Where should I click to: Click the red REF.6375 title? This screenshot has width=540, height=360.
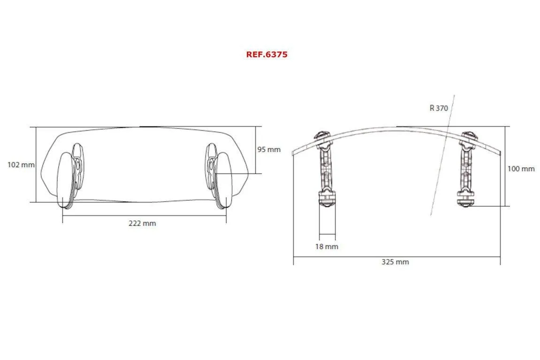click(x=266, y=54)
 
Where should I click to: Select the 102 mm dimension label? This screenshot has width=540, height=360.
click(x=21, y=165)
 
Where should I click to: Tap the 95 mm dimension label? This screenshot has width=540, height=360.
click(x=269, y=150)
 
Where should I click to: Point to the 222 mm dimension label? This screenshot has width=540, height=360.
click(x=142, y=223)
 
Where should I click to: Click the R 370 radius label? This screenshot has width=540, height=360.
click(x=439, y=108)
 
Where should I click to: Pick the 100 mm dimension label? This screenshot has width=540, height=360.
click(x=521, y=169)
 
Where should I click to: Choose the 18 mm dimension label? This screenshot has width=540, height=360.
click(x=327, y=247)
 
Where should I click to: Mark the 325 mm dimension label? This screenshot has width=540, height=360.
click(x=395, y=262)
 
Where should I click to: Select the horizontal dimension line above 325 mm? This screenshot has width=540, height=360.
click(x=396, y=257)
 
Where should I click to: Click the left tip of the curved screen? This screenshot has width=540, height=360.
click(x=293, y=152)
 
